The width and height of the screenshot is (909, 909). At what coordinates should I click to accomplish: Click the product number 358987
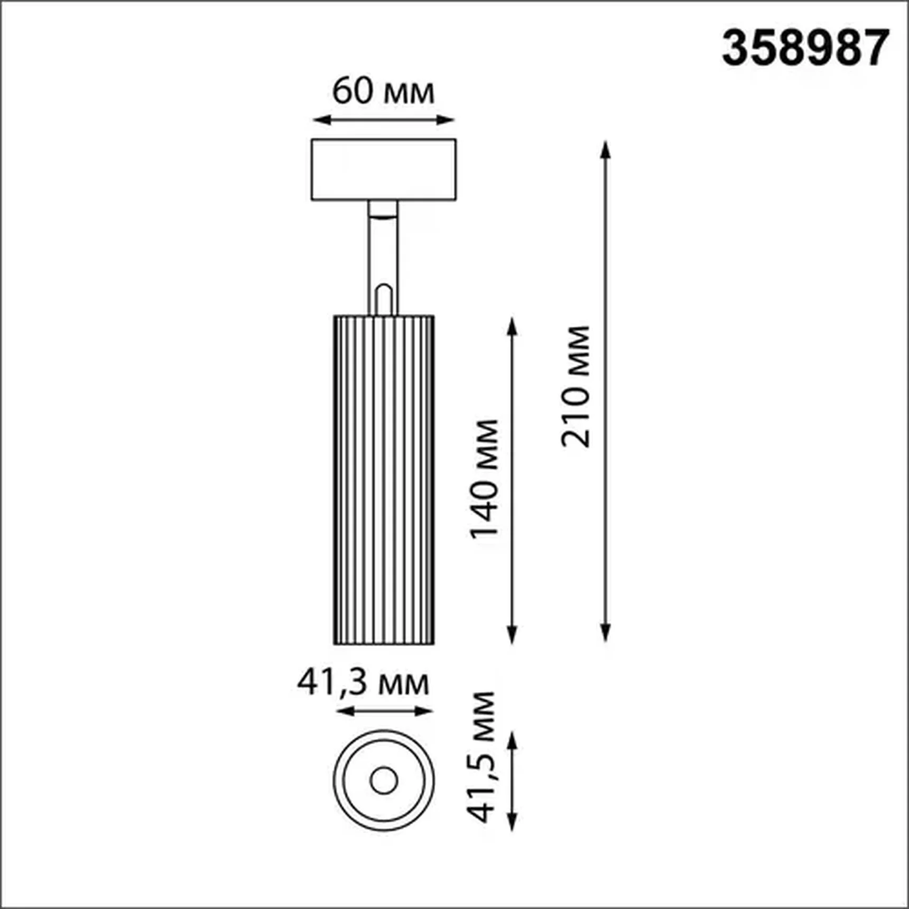(805, 48)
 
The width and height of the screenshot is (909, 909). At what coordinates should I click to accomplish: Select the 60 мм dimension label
(383, 91)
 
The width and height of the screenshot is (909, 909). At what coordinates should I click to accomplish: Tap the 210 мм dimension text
(576, 387)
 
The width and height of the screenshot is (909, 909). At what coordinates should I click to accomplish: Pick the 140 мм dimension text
(485, 478)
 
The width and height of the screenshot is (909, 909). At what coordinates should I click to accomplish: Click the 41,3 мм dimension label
(363, 683)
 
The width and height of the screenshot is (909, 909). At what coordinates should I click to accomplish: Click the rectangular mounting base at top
(384, 170)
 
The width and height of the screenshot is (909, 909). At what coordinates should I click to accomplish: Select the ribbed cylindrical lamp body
(384, 480)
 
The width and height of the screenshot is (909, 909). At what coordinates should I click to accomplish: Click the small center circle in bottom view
(384, 780)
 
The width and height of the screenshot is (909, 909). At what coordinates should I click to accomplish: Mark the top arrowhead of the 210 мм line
(606, 149)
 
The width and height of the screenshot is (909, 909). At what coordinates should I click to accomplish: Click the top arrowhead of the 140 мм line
(512, 326)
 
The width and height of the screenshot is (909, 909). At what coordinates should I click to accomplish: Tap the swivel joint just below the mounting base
(383, 209)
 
